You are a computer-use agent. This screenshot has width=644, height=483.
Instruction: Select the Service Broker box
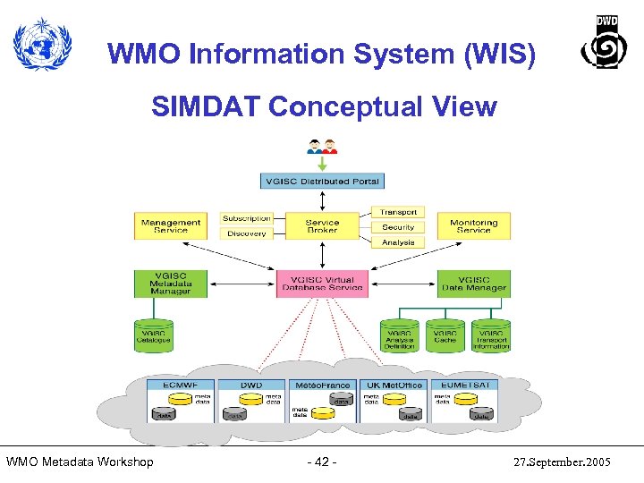(x=322, y=226)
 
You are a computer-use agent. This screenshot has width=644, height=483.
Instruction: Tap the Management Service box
(x=170, y=226)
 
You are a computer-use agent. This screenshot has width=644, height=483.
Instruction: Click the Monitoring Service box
(x=473, y=226)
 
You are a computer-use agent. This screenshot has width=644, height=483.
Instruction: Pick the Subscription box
(x=246, y=218)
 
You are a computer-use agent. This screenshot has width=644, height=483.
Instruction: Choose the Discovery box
(x=246, y=233)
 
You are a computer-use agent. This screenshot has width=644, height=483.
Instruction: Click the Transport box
(x=398, y=212)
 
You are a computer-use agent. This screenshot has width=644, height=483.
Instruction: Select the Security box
(x=398, y=227)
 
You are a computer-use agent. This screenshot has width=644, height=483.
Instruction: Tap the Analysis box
(x=398, y=242)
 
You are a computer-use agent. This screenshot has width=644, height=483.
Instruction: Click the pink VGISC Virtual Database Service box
(x=322, y=284)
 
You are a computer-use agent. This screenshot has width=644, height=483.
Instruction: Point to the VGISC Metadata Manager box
(x=170, y=284)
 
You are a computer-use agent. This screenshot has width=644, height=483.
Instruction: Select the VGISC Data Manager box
(x=473, y=284)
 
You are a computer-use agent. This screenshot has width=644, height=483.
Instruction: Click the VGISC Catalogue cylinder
(x=153, y=335)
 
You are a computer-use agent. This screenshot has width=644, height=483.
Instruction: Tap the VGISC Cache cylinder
(x=445, y=336)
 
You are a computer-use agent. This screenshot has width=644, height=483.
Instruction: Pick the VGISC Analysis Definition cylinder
(x=399, y=336)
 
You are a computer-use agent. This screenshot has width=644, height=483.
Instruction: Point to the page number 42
(x=321, y=462)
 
